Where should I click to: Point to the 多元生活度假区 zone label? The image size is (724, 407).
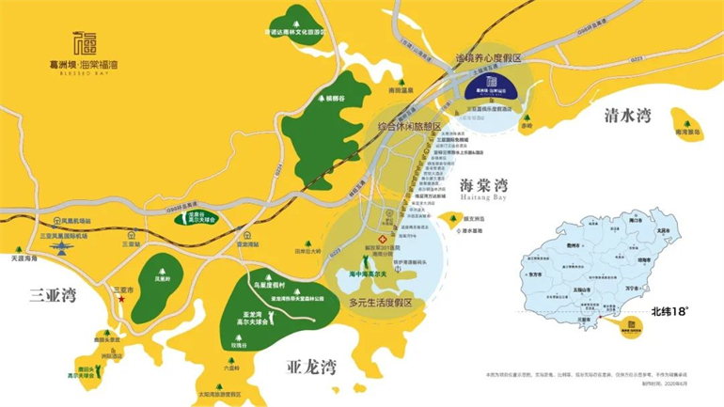381,303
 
